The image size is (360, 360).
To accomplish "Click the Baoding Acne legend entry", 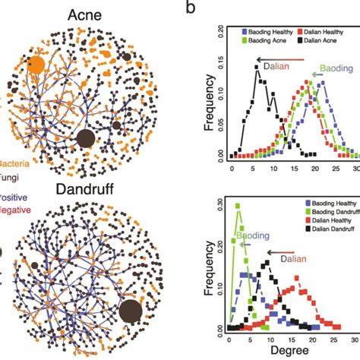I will pos(268,42).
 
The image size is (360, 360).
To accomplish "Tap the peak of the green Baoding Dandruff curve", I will pos(238,204).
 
